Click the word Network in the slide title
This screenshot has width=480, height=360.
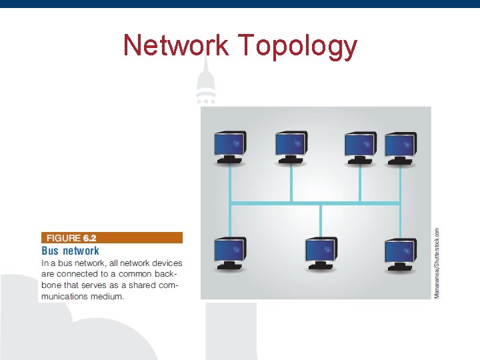click(x=177, y=45)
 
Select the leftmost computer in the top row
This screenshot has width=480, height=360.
click(x=230, y=147)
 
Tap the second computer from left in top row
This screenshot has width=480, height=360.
click(x=291, y=147)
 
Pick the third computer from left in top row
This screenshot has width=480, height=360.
click(x=360, y=147)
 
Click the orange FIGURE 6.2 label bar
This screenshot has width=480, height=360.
click(x=111, y=237)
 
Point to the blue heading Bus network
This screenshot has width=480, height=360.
click(x=70, y=251)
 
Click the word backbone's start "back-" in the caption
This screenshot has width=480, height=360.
click(x=169, y=274)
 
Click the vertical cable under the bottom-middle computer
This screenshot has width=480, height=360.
click(x=321, y=220)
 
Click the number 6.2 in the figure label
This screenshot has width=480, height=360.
click(x=90, y=237)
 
